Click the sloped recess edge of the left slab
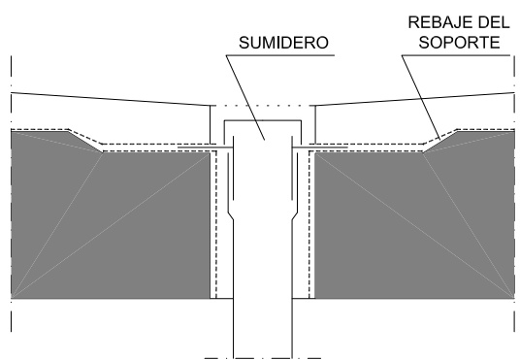coord(81,139)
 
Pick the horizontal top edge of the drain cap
coord(262,120)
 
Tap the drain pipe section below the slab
coord(262,325)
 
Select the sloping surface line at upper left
coord(107,98)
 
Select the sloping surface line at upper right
coord(417,98)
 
